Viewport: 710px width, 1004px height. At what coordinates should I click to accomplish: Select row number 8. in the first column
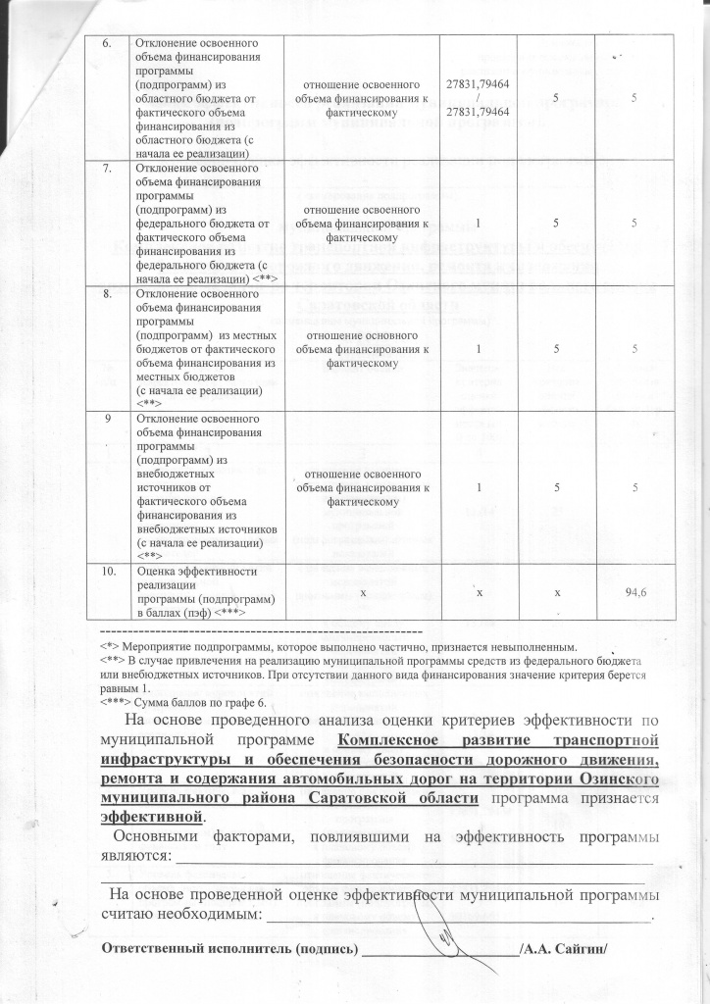pos(111,292)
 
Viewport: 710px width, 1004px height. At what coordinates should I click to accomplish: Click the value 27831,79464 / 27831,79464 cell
pos(477,100)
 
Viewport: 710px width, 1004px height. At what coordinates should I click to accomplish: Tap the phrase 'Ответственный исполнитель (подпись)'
pos(230,949)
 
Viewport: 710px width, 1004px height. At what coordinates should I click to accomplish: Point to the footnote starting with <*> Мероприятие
pos(338,647)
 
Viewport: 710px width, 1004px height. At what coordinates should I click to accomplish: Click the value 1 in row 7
pos(477,224)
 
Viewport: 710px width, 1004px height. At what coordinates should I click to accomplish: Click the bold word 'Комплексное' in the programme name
pos(384,740)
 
